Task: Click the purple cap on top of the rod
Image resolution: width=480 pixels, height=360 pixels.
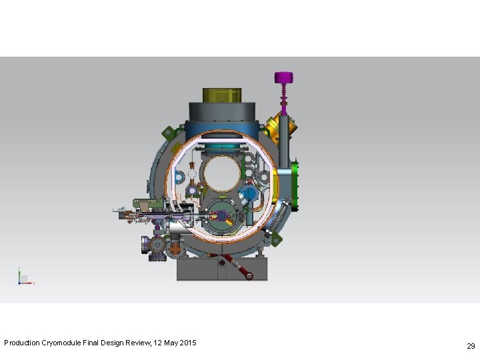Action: tap(283, 77)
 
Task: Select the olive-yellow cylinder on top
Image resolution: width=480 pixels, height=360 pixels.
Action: tap(222, 95)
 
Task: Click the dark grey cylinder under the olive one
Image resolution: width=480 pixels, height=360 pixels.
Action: tap(222, 111)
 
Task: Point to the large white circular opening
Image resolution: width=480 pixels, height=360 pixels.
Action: tap(222, 173)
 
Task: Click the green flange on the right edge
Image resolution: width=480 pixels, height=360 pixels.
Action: tap(295, 186)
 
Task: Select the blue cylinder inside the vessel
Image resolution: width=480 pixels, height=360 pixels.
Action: tap(248, 194)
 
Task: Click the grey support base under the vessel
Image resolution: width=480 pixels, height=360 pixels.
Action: tap(222, 269)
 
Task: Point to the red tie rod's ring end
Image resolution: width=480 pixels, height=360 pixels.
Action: tap(249, 276)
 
